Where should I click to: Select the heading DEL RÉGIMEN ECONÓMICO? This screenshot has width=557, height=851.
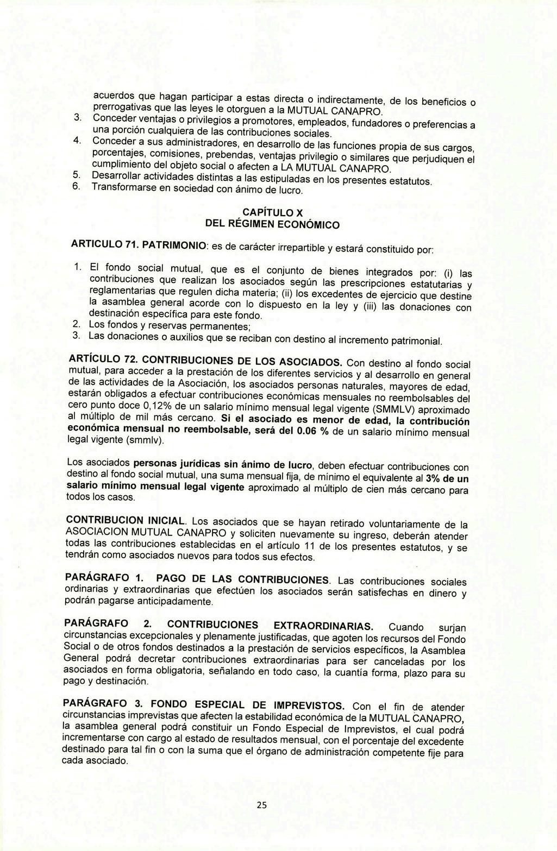[272, 223]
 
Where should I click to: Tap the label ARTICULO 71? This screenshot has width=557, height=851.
[103, 245]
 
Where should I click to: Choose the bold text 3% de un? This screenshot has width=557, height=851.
[447, 478]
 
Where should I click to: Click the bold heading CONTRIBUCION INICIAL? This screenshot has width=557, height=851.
[126, 520]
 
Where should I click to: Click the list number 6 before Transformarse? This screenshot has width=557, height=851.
[76, 187]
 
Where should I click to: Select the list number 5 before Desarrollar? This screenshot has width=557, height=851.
[76, 175]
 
